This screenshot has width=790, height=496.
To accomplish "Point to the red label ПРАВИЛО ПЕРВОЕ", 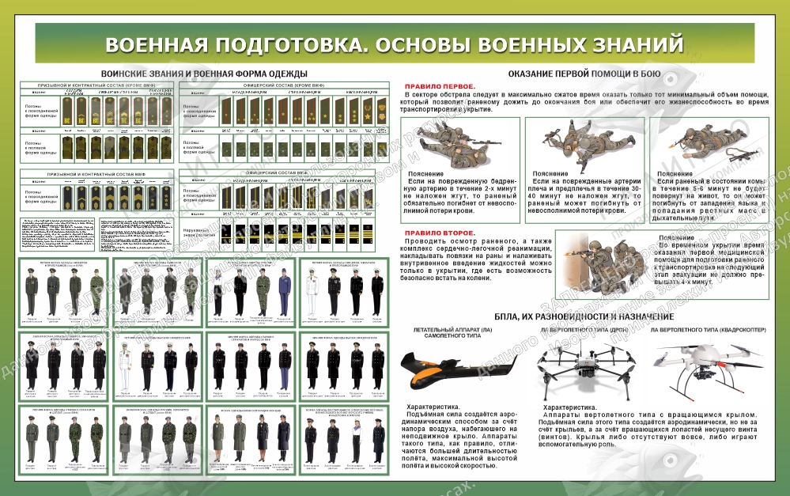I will pos(440,85).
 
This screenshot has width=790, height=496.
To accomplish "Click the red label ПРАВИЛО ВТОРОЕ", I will pos(440,233).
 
